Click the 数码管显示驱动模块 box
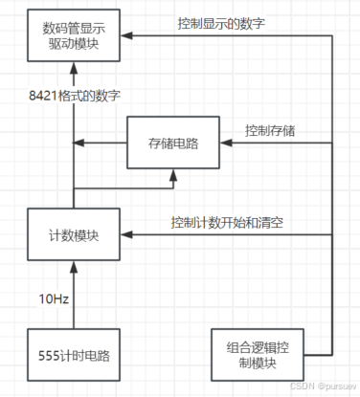[x=74, y=36]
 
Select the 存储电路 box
[x=172, y=143]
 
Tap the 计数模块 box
[x=74, y=232]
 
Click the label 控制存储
[x=271, y=130]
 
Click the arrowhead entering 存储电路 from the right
[x=224, y=143]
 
